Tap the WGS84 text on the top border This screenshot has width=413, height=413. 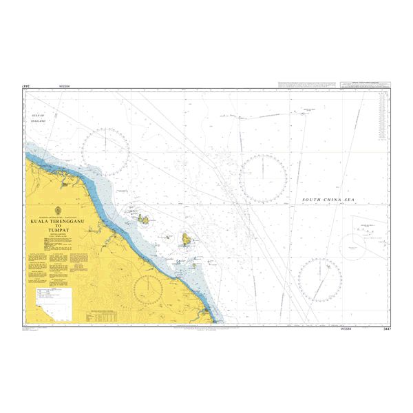click(x=65, y=86)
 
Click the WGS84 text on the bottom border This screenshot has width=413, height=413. click(x=347, y=329)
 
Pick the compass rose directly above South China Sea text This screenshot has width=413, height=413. click(x=263, y=178)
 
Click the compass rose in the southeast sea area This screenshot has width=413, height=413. click(x=320, y=279)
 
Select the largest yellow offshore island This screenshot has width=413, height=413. click(x=187, y=240)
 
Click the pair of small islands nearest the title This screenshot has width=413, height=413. click(x=143, y=220)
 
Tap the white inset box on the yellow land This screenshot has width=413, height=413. click(x=54, y=297)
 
